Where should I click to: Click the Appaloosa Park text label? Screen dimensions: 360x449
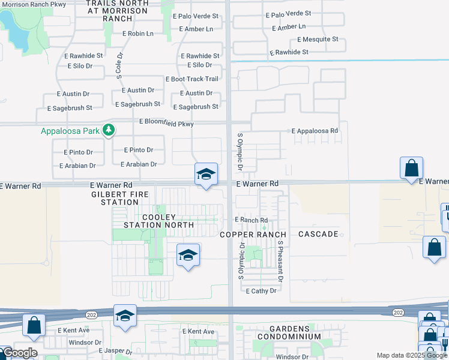tap(70, 131)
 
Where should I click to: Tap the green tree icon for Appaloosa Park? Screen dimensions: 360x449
tap(109, 130)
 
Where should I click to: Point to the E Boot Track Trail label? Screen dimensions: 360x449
tap(192, 79)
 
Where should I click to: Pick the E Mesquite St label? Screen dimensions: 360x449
tap(318, 40)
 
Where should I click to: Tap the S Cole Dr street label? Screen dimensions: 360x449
tap(119, 64)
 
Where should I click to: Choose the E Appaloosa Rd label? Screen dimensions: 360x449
tap(315, 130)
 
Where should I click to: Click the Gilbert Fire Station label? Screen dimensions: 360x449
tap(115, 199)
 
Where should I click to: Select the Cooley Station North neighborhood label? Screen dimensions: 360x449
tap(158, 221)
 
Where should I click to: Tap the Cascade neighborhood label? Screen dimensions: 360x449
tap(318, 233)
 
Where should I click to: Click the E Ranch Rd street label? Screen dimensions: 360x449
tap(251, 220)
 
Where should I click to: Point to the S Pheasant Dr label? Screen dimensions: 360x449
tap(280, 262)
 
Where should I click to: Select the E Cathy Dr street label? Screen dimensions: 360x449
tap(261, 290)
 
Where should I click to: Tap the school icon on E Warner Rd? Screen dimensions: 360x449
tap(205, 175)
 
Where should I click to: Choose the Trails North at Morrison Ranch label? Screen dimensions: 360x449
tap(117, 11)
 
